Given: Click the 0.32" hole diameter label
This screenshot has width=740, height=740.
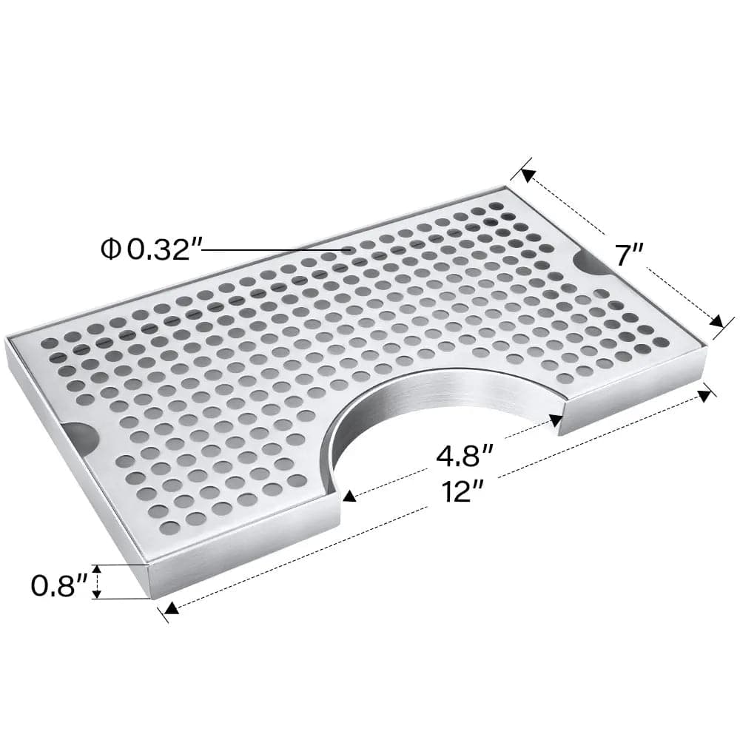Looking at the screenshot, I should coord(164,249).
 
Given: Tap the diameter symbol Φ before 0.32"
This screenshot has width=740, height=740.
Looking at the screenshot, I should coord(111,250).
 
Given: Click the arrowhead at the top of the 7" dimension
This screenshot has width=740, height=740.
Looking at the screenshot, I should coord(528,175).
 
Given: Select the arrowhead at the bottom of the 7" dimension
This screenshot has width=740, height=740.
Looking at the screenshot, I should coord(716,321).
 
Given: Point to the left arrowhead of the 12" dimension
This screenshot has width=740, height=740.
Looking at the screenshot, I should coord(172,608).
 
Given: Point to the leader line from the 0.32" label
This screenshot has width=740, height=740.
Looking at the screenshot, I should coord(274,250).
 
